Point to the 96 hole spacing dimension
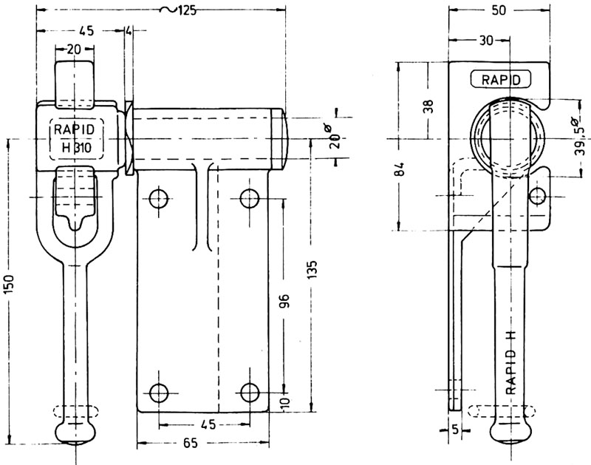click(286, 299)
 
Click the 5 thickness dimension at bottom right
click(454, 429)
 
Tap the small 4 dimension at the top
click(129, 31)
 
